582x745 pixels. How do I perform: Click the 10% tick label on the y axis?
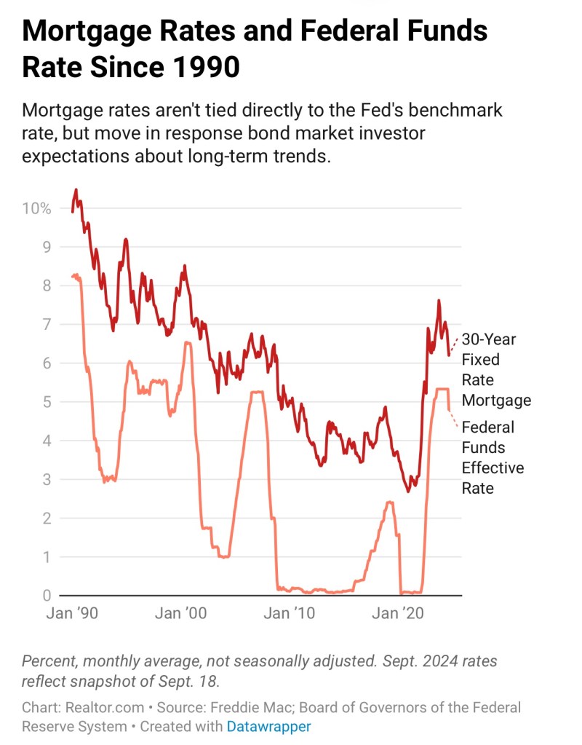click(x=37, y=208)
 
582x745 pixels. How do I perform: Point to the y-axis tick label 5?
click(x=46, y=402)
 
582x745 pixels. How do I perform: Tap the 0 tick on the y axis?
click(x=46, y=596)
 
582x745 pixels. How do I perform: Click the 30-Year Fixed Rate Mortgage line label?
click(x=496, y=370)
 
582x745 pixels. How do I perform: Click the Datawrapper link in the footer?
click(x=268, y=726)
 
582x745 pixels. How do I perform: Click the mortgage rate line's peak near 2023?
click(x=439, y=300)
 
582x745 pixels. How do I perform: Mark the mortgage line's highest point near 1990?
click(x=76, y=190)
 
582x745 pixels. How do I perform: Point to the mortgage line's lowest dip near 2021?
click(x=408, y=492)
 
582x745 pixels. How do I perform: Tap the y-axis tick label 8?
click(x=46, y=285)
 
